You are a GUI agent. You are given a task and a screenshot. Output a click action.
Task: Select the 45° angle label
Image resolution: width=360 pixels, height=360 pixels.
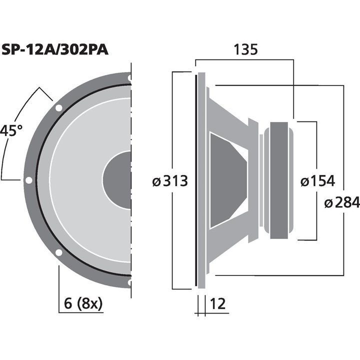point(11,131)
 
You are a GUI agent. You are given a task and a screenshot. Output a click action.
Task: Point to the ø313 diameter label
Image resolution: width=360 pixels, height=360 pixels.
point(170,181)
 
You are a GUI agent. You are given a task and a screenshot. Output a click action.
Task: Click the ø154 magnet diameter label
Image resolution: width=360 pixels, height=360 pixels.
point(317,181)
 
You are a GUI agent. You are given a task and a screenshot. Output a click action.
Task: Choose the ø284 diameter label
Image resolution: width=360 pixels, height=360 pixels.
point(341,202)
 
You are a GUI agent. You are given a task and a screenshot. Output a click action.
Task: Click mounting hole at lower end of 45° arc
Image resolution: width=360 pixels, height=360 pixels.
point(28,180)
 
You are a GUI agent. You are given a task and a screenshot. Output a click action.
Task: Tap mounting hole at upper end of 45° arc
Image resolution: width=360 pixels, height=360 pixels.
point(58,107)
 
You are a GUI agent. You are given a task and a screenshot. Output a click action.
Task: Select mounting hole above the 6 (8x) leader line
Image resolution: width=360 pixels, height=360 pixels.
point(58,252)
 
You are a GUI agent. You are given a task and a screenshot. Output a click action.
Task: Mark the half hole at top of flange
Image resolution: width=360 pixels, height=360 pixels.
point(129,78)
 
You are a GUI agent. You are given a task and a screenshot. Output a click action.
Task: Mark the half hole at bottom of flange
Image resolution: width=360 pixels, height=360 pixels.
point(129,282)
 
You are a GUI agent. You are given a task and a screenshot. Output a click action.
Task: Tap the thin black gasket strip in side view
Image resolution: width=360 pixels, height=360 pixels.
point(195,180)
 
